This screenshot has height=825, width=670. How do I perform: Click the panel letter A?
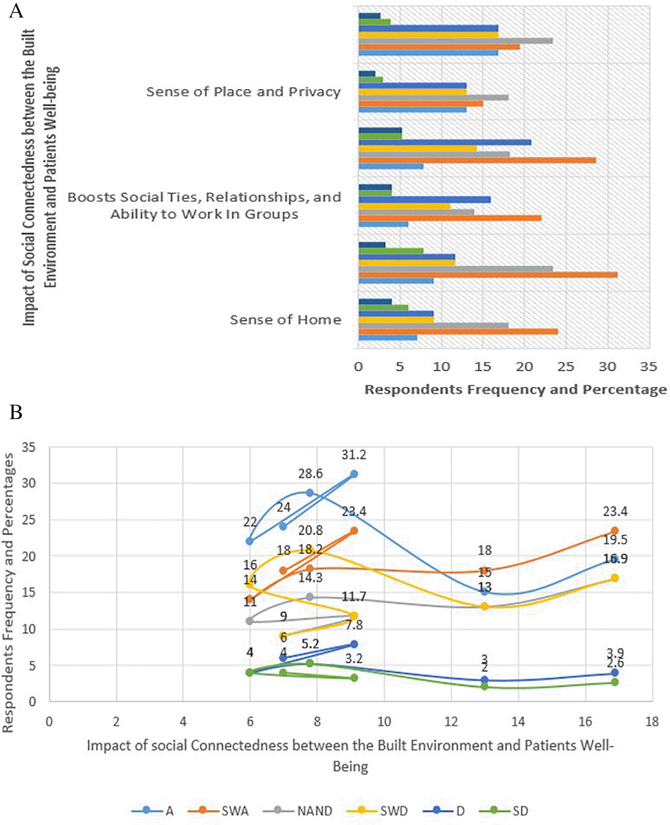pyautogui.click(x=16, y=11)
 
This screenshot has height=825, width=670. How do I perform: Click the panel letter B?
pyautogui.click(x=16, y=412)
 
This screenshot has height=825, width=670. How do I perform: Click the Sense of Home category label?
pyautogui.click(x=285, y=320)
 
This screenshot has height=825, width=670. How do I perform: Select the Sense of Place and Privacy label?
pyautogui.click(x=243, y=92)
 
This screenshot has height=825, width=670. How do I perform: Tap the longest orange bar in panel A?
pyautogui.click(x=488, y=275)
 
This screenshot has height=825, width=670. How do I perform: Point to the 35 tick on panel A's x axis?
pyautogui.click(x=648, y=367)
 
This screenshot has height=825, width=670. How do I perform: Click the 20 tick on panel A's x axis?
pyautogui.click(x=524, y=367)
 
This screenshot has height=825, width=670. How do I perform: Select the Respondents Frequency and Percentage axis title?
pyautogui.click(x=516, y=390)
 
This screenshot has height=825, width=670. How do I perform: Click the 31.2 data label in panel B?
pyautogui.click(x=354, y=455)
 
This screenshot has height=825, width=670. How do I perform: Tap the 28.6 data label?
pyautogui.click(x=311, y=473)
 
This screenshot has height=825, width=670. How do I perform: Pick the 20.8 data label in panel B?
pyautogui.click(x=311, y=530)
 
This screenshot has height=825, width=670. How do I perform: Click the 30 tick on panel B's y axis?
pyautogui.click(x=29, y=483)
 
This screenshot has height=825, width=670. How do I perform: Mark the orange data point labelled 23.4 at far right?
pyautogui.click(x=614, y=531)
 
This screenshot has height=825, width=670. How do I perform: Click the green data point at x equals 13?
pyautogui.click(x=484, y=686)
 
